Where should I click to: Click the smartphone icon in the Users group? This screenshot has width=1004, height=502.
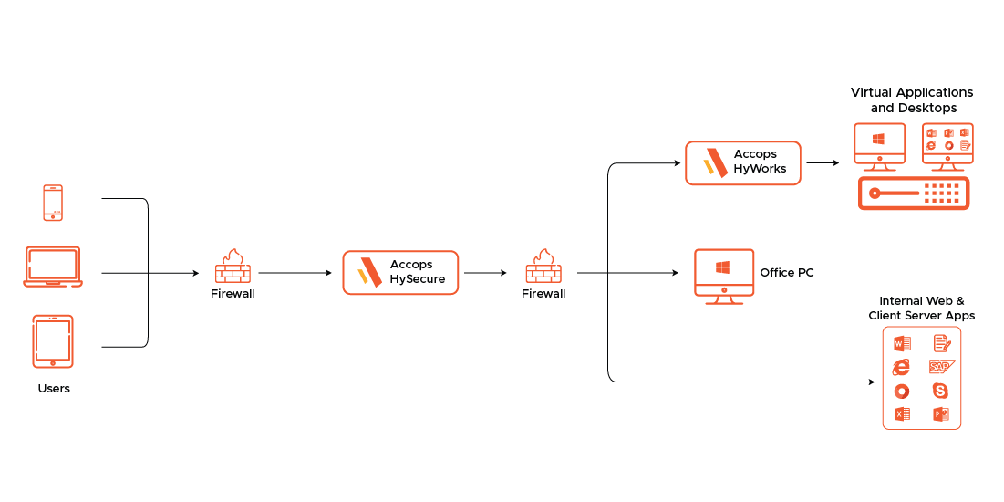coord(53,203)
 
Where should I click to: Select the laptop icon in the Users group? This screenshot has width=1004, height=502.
coord(53,266)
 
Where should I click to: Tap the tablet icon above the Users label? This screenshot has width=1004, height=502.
coord(53,341)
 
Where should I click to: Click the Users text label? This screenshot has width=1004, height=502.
coord(54,389)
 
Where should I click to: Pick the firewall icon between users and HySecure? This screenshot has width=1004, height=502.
coord(233,267)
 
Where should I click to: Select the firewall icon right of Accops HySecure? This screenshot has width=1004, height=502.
coord(543,267)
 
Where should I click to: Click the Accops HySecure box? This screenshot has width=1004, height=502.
coord(400,273)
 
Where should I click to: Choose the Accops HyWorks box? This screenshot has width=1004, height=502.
coord(742,163)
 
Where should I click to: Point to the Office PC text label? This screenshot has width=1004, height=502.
coord(787,273)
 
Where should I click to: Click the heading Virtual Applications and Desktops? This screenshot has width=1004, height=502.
coord(912,100)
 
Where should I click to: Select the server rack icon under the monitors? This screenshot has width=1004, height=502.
coord(914,193)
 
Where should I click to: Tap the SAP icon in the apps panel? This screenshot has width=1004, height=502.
coord(941,367)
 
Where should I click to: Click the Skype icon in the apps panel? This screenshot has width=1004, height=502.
coord(941,391)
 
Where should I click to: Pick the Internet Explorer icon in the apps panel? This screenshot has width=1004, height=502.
coord(901,367)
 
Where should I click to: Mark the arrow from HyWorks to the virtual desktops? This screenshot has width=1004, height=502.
coord(823,163)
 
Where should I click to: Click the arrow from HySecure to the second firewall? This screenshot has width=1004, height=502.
coord(485,273)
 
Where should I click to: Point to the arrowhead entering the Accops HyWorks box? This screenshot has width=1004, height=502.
coord(677,163)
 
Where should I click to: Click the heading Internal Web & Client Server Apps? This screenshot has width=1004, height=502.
coord(921,308)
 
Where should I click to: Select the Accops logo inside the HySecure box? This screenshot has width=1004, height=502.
coord(369,273)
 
